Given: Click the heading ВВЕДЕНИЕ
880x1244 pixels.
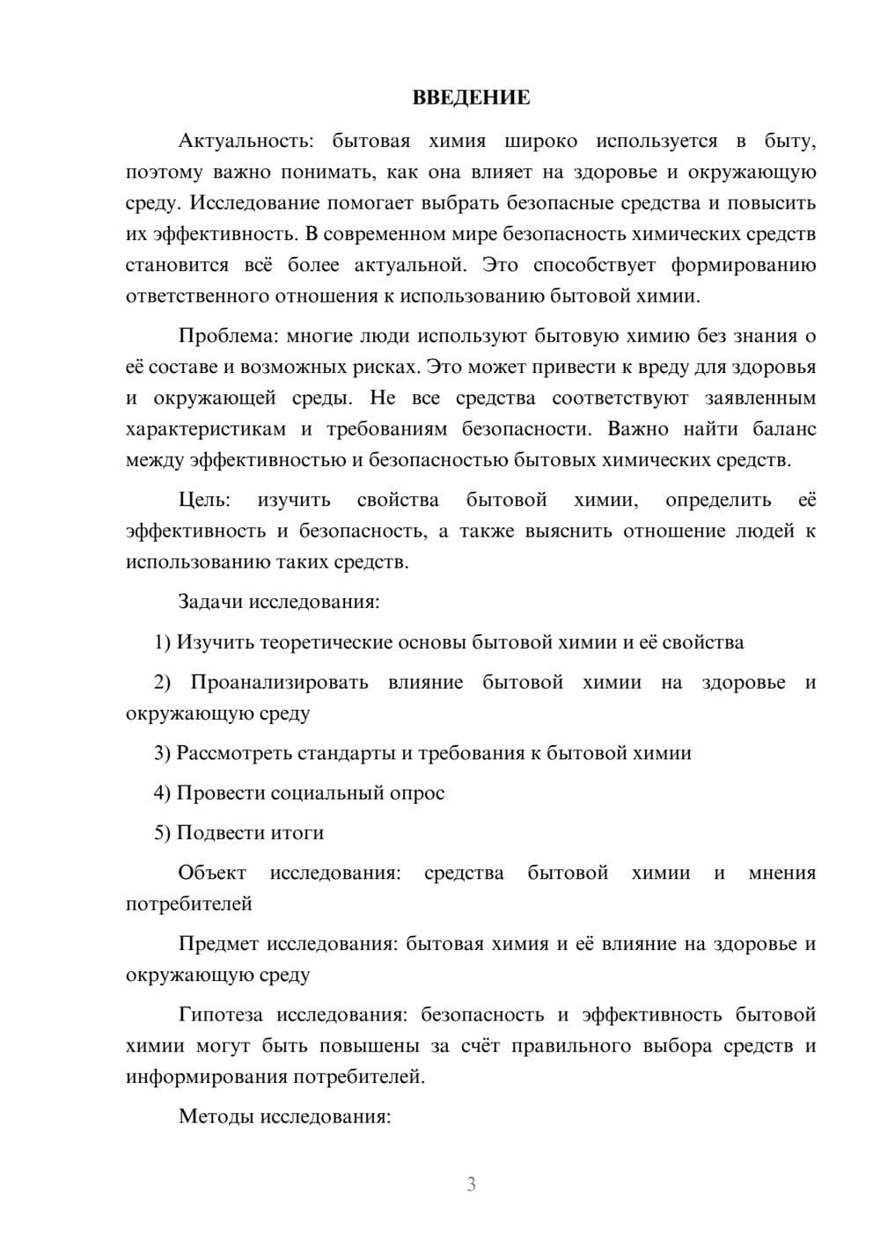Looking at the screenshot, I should tap(471, 98).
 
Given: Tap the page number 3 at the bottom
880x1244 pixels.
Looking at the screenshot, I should tap(471, 1184).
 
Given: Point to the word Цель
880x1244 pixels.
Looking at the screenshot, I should tap(204, 500).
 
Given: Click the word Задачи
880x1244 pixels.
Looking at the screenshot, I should tap(211, 602).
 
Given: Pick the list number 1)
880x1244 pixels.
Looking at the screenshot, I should tap(162, 642).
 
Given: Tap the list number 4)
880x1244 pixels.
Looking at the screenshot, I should tap(162, 793).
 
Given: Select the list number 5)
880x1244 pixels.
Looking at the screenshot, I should tap(162, 832).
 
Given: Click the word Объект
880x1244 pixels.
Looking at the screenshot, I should tap(212, 873).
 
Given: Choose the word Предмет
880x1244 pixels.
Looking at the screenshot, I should tap(219, 944).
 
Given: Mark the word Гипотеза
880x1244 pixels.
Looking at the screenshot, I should tap(221, 1014).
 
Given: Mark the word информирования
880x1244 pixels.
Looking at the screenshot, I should tap(206, 1077).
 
